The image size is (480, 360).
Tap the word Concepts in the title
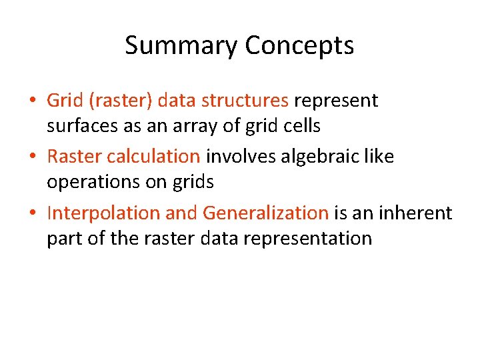[299, 46]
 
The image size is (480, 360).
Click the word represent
[336, 101]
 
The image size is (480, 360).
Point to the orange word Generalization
[265, 213]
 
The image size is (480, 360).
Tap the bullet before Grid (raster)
[32, 101]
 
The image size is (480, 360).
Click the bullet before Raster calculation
[32, 157]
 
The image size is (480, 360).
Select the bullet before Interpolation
[32, 214]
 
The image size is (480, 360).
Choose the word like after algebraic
[381, 157]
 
